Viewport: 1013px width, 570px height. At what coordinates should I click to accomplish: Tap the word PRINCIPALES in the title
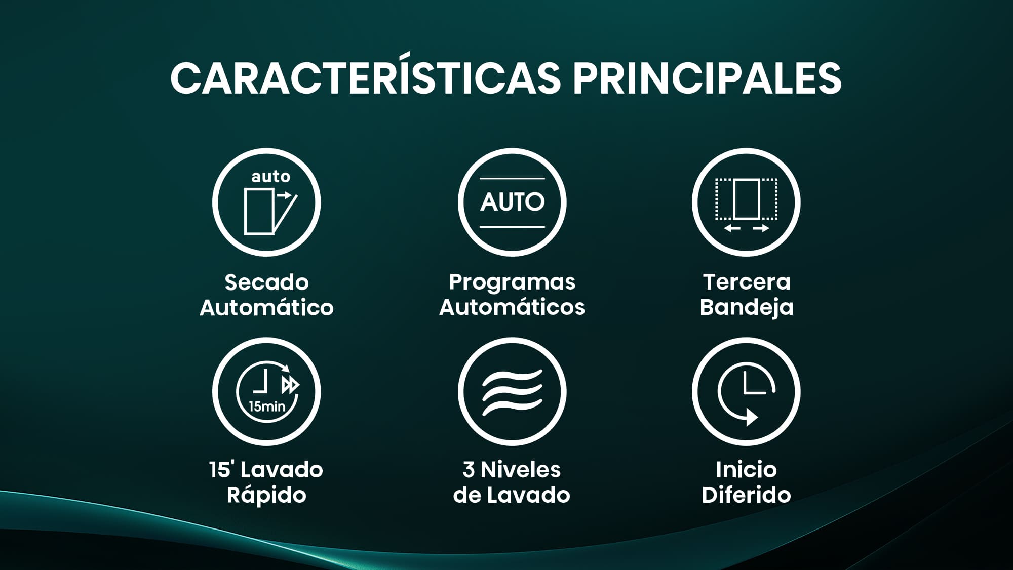[707, 78]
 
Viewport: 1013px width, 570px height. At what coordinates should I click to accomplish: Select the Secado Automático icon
[266, 202]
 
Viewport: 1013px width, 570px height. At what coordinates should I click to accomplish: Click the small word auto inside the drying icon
[271, 177]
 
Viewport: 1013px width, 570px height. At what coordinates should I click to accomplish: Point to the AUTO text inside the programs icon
[512, 202]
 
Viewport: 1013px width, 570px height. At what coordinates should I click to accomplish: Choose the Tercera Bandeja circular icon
[746, 202]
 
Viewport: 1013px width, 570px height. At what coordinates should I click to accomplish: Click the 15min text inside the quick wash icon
[267, 406]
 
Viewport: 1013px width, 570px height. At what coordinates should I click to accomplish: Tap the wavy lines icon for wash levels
[512, 392]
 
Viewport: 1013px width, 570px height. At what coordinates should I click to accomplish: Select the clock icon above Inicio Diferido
[746, 392]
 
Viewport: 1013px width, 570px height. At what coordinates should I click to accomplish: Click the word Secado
[266, 282]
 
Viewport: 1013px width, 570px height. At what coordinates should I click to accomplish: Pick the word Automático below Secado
[266, 307]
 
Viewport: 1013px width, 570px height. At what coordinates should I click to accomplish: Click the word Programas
[512, 282]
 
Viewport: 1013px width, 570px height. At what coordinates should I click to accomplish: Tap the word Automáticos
[512, 307]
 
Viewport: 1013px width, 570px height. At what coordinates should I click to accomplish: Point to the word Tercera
[747, 282]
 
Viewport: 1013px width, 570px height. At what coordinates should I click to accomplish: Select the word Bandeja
[747, 307]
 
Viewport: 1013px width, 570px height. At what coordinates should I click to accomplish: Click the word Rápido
[266, 495]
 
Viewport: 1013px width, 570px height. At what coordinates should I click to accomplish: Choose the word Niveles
[521, 470]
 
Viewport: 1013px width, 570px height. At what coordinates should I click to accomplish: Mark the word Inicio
[746, 470]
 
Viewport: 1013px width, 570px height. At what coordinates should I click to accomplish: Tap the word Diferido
[746, 495]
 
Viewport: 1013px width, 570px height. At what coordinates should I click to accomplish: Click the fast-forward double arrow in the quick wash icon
[290, 385]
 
